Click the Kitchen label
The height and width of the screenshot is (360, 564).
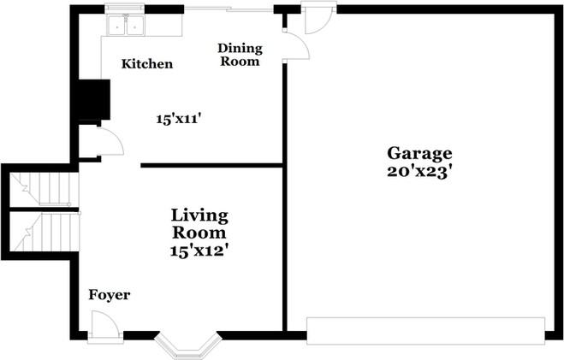147,64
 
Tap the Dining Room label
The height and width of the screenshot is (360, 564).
240,55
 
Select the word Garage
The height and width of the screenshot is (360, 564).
419,154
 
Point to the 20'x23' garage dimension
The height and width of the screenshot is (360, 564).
419,172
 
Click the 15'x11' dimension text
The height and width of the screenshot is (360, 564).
178,119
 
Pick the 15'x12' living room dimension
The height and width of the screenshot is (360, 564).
199,251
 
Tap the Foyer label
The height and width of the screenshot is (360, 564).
110,295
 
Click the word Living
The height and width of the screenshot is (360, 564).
199,215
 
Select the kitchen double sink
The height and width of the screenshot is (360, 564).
126,25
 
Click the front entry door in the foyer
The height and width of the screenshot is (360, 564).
105,325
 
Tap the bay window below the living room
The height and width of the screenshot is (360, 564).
187,345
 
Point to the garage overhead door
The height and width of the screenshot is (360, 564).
426,331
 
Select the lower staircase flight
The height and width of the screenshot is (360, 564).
45,232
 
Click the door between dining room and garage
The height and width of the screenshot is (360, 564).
296,45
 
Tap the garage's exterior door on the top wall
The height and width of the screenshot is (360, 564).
318,19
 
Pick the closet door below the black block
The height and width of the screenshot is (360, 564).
110,141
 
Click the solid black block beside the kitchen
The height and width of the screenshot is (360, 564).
94,99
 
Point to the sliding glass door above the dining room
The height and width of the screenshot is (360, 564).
229,9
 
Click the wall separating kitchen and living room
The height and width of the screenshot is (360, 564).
211,166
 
